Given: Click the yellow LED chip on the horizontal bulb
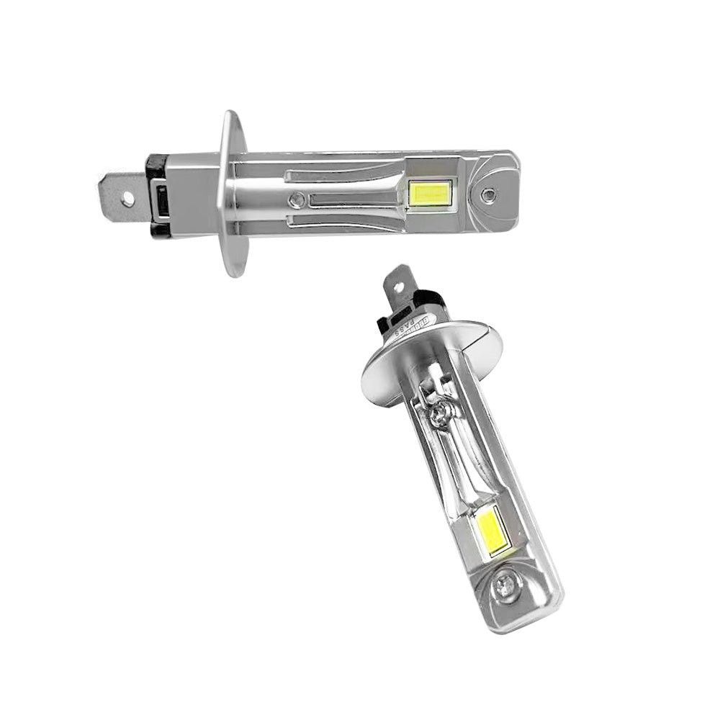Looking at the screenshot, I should click(430, 192).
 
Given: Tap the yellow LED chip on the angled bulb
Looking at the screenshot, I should click(493, 531).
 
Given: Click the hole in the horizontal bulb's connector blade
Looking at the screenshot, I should click(127, 196).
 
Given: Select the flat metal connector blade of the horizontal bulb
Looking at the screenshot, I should click(120, 196).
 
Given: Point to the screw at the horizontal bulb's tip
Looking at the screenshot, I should click(489, 194).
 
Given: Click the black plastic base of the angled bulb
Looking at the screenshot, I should click(425, 302).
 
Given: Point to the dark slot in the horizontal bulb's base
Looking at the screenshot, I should click(163, 197).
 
